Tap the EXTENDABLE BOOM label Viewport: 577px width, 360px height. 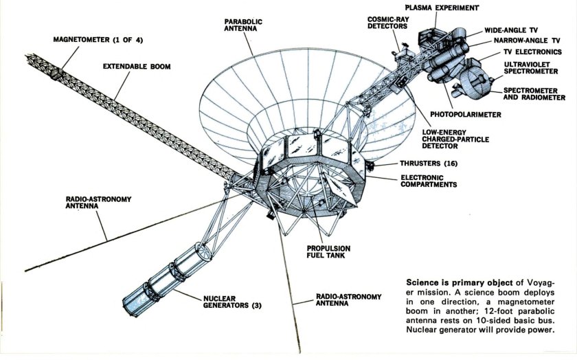click(137, 67)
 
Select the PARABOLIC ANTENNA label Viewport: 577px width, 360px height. click(243, 26)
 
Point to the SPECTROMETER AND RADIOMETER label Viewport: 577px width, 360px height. click(534, 93)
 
